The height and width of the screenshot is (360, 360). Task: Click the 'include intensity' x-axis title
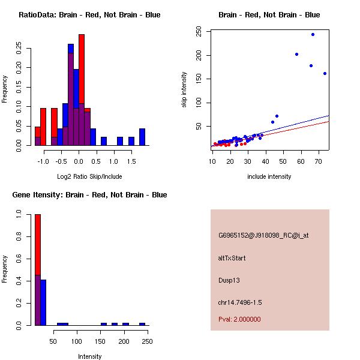269,176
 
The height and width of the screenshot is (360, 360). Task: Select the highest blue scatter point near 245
313,34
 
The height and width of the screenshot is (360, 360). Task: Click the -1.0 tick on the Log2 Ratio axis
43,161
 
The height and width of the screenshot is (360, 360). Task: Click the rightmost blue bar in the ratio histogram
142,137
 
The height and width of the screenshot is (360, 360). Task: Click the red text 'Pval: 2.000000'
239,319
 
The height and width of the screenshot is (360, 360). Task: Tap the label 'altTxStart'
232,258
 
